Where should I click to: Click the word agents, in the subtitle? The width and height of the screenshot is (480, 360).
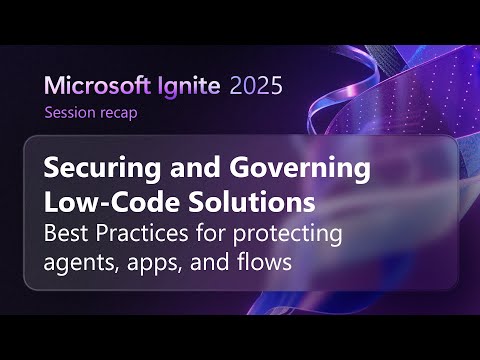tap(82, 265)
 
